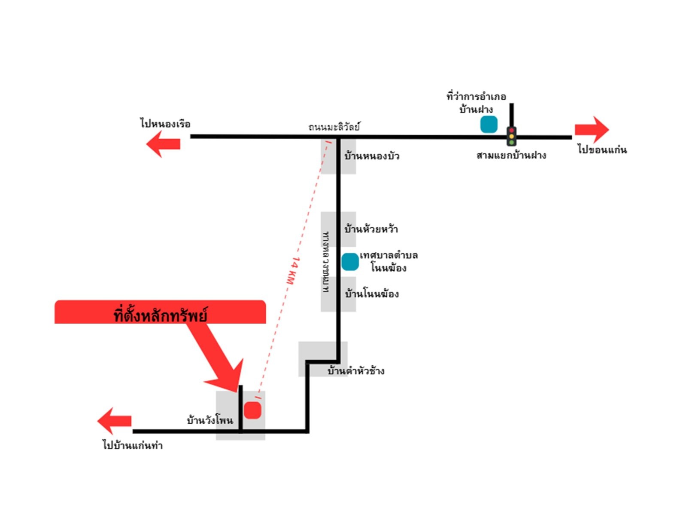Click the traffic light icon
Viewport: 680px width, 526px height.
(511, 136)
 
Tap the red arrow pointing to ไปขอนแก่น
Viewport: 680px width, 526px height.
(592, 129)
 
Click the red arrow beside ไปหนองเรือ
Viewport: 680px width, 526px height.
(163, 144)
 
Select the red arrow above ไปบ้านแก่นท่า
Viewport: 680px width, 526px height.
(114, 421)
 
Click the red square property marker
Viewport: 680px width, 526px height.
(252, 410)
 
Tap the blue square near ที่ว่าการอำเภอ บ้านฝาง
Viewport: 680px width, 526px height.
(489, 124)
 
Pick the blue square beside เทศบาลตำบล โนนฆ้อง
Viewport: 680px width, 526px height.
(350, 262)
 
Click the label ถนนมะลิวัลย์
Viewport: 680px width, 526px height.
(334, 127)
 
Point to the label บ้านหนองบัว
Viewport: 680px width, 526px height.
(372, 156)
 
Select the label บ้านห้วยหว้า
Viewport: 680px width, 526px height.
(371, 229)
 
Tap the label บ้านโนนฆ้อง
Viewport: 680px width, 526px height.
(372, 294)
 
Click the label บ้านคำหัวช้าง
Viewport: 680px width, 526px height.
(356, 371)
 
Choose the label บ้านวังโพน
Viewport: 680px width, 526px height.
(210, 420)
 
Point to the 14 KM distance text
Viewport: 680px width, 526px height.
(293, 271)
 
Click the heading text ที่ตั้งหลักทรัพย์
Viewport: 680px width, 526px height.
(160, 315)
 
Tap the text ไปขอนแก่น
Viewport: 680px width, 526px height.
(602, 150)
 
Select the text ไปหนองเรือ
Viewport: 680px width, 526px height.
(165, 123)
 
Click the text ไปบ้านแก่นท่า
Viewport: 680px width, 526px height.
(133, 445)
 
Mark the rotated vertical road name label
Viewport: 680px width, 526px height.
(325, 262)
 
